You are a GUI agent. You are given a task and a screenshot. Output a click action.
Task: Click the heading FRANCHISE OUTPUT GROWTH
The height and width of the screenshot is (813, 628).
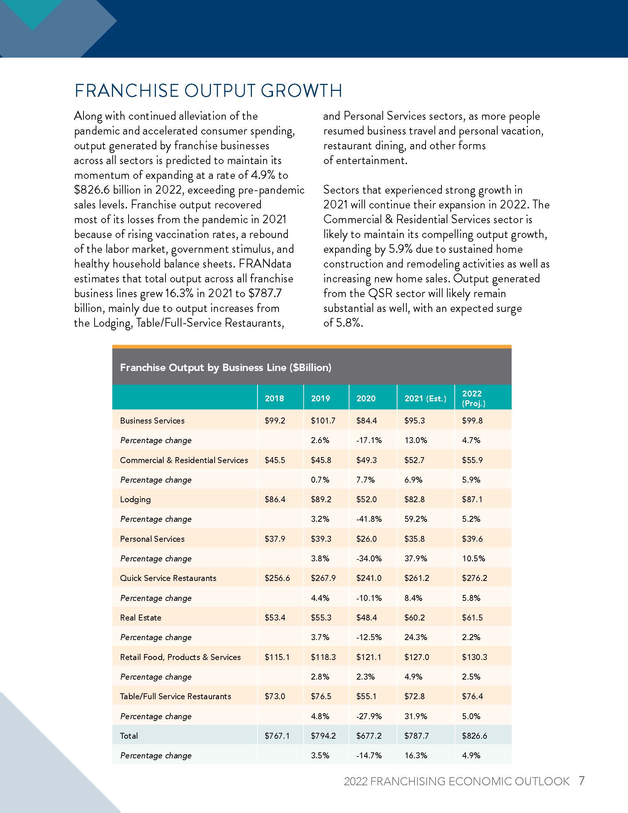click(208, 91)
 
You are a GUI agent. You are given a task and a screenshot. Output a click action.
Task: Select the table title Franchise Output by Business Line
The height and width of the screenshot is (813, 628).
click(225, 368)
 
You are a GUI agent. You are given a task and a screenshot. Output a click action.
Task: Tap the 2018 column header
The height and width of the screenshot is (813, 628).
click(274, 398)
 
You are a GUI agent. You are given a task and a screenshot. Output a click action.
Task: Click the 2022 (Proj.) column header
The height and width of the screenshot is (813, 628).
click(473, 398)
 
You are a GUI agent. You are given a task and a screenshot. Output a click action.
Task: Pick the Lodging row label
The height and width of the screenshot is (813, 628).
click(135, 500)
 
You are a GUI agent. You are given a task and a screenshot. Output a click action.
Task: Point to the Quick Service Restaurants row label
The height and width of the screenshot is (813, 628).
click(168, 578)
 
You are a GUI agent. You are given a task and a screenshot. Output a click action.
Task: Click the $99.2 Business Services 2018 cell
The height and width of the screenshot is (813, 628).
click(275, 421)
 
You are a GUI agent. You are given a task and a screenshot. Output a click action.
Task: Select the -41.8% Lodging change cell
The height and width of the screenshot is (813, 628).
click(369, 519)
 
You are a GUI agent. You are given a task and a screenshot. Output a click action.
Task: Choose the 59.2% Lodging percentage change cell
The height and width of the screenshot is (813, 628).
click(416, 519)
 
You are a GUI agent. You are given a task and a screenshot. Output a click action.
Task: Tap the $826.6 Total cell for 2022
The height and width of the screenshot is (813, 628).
click(474, 735)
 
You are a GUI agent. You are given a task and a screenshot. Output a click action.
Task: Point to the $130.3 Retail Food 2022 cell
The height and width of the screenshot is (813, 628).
click(474, 657)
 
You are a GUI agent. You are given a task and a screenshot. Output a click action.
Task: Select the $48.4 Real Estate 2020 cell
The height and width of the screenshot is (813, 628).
click(366, 618)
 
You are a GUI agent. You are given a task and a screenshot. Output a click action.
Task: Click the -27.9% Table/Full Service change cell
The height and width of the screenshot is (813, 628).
click(369, 716)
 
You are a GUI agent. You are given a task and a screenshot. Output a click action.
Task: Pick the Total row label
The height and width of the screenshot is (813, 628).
click(129, 735)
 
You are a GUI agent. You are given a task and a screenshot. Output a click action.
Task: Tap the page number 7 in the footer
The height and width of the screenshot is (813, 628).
click(581, 780)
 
